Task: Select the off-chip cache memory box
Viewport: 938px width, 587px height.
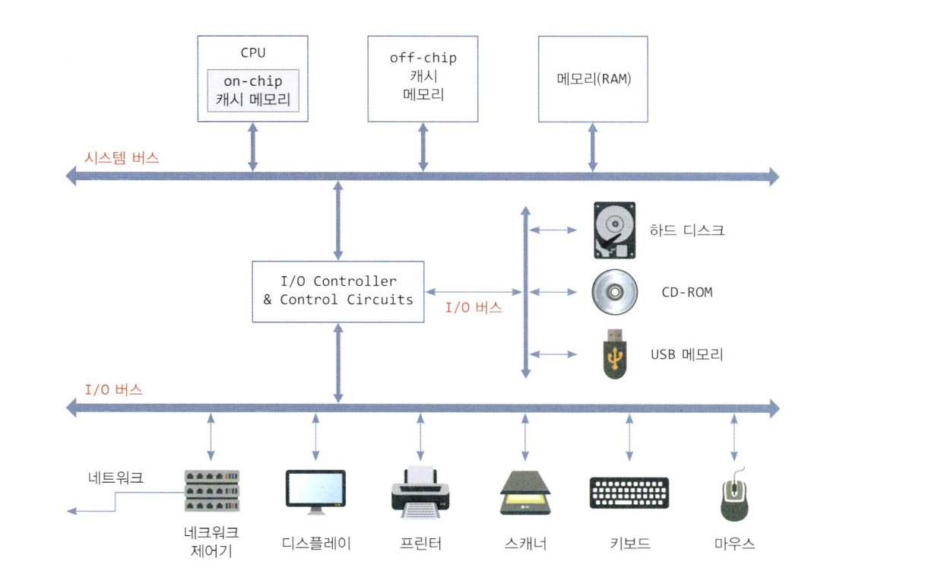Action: pyautogui.click(x=423, y=78)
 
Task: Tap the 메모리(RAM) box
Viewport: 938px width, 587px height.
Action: pyautogui.click(x=593, y=78)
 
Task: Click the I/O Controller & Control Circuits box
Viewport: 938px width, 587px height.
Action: pyautogui.click(x=338, y=291)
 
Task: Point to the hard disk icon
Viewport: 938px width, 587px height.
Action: pyautogui.click(x=613, y=230)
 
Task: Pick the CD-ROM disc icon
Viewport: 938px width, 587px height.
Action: pyautogui.click(x=613, y=292)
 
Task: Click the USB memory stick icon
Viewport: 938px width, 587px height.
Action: pyautogui.click(x=614, y=353)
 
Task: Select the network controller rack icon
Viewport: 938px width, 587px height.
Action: pyautogui.click(x=211, y=491)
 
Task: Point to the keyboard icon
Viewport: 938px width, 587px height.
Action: pyautogui.click(x=629, y=493)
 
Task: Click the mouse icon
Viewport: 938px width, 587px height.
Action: pyautogui.click(x=734, y=495)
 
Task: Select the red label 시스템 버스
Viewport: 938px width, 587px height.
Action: pyautogui.click(x=122, y=158)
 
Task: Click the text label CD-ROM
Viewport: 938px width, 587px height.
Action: pyautogui.click(x=687, y=292)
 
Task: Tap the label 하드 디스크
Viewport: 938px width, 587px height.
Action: pyautogui.click(x=687, y=230)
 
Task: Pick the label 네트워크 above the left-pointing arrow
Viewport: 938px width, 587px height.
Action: pyautogui.click(x=116, y=478)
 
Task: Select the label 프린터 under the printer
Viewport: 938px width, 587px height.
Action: pyautogui.click(x=420, y=544)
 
